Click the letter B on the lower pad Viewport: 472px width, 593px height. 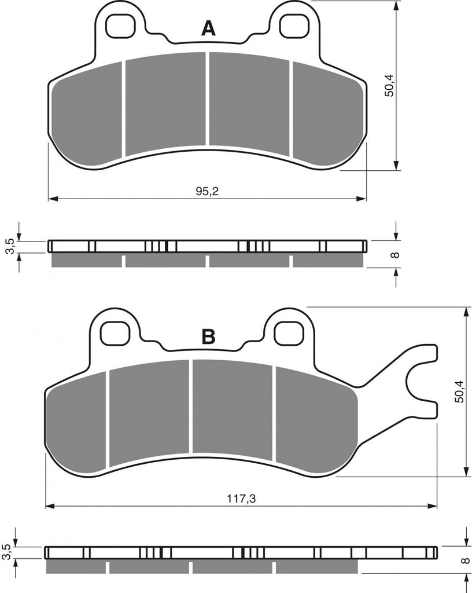(x=208, y=336)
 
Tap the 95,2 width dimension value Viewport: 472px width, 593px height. (x=207, y=191)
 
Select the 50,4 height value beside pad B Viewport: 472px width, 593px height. (x=458, y=391)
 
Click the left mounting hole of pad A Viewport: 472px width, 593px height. (x=121, y=25)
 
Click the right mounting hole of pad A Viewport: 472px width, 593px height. (x=294, y=25)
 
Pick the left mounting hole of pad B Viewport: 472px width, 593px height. (x=116, y=333)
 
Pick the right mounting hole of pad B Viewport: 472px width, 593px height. (x=289, y=333)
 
